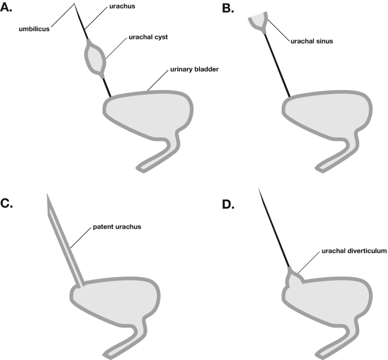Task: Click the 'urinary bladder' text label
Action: click(x=195, y=70)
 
